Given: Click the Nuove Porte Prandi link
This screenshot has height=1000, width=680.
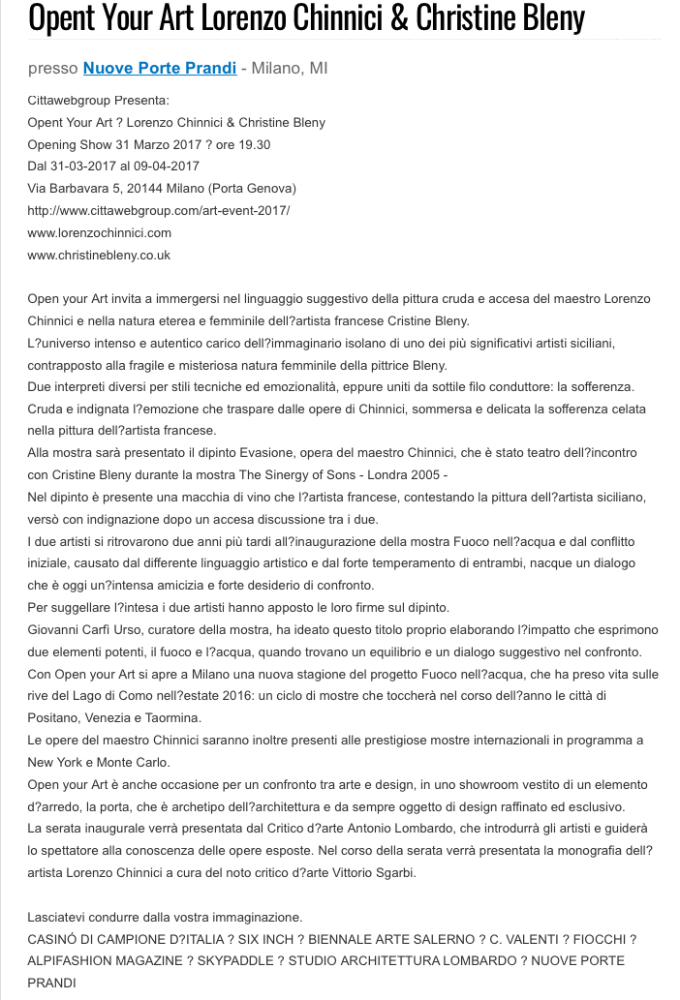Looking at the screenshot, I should tap(160, 69).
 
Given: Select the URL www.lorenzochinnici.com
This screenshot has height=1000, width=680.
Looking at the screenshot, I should tap(100, 232).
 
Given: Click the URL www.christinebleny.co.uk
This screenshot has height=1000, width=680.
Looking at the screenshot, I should tap(99, 255).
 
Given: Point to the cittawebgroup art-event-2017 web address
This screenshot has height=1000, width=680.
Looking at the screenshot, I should tap(159, 210).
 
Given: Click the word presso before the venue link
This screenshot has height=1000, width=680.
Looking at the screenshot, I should tap(53, 69).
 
